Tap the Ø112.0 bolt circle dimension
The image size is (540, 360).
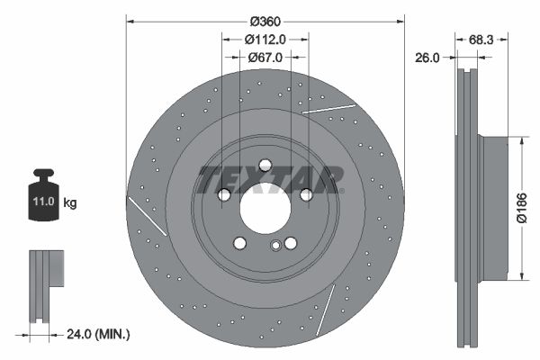(x=265, y=39)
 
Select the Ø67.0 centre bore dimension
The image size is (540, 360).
(x=265, y=57)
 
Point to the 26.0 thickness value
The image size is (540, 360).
(x=427, y=57)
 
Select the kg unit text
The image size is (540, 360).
(x=70, y=203)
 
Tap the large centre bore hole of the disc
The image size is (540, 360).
(x=265, y=211)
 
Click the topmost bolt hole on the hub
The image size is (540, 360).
(x=265, y=165)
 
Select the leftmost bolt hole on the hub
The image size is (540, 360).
(x=224, y=194)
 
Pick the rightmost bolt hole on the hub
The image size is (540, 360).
(x=306, y=194)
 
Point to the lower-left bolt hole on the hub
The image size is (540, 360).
(x=239, y=243)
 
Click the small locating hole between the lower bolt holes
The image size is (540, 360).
(x=275, y=246)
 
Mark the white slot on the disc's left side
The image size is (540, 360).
(x=148, y=217)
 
